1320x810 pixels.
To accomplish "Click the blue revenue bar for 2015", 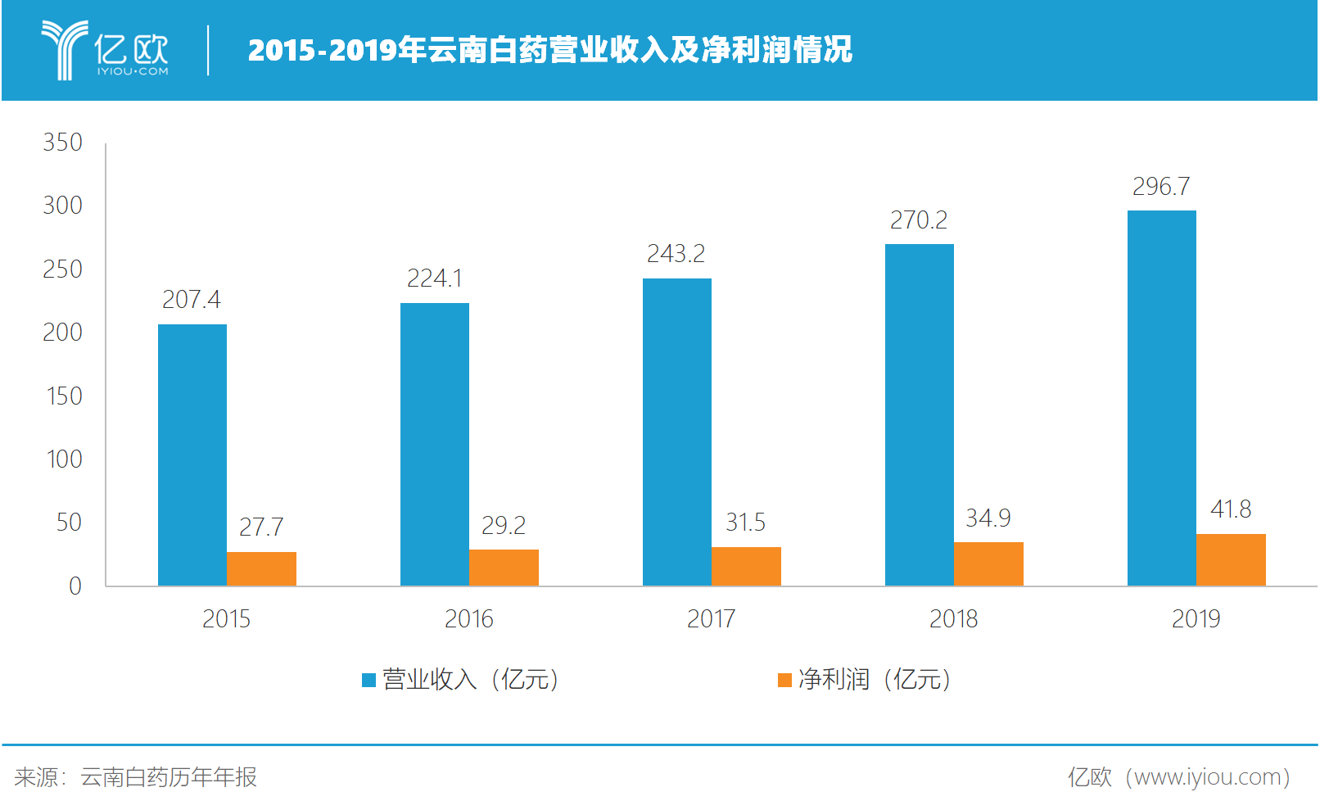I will [192, 455].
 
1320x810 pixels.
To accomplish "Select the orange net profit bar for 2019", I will [1231, 560].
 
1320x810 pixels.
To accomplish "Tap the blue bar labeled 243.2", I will [676, 432].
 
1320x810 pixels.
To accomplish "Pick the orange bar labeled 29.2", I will [504, 568].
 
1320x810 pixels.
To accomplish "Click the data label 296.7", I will [1161, 187].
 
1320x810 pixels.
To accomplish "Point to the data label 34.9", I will [988, 518].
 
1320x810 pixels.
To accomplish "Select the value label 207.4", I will [192, 300].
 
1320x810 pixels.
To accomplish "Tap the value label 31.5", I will [745, 523].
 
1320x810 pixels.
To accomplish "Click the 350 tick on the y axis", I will [63, 143].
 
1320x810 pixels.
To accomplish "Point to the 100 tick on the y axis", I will [64, 459].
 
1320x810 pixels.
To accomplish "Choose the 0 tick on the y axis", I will [75, 586].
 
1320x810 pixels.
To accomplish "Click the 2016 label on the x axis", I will [468, 619].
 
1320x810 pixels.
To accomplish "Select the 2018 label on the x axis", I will [953, 619].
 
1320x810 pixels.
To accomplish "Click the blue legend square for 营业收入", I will [368, 680].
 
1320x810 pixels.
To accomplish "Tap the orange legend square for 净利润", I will [784, 680].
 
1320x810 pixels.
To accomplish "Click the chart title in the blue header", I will [549, 50].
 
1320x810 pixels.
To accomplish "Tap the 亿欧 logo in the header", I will [105, 50].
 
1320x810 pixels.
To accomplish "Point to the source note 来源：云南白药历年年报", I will [136, 777].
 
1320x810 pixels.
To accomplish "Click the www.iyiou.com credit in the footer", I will [1179, 777].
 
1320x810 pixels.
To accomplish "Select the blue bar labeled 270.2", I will [919, 414].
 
